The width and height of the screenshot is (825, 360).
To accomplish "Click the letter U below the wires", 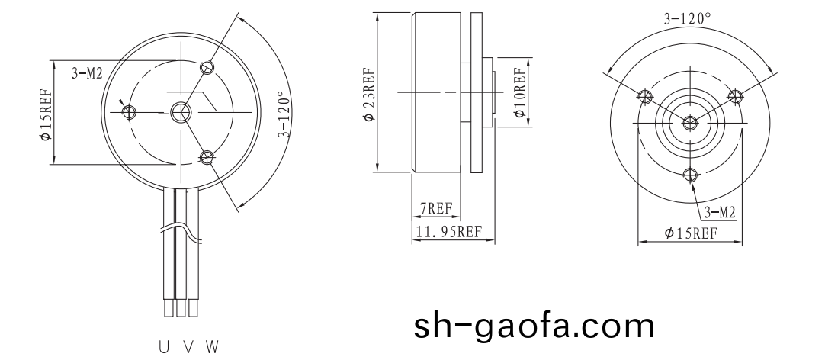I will pyautogui.click(x=164, y=347).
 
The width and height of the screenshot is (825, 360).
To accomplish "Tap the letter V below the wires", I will pyautogui.click(x=188, y=347).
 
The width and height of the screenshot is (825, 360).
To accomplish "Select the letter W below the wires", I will pyautogui.click(x=212, y=347).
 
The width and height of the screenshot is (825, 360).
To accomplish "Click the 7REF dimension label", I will pyautogui.click(x=435, y=208).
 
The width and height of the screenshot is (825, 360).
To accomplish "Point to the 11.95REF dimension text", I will pyautogui.click(x=448, y=232).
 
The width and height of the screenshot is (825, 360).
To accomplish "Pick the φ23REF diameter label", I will pyautogui.click(x=368, y=95).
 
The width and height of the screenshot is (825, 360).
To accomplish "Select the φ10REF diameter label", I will pyautogui.click(x=520, y=93).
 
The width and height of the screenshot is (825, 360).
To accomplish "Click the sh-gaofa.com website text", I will pyautogui.click(x=534, y=326).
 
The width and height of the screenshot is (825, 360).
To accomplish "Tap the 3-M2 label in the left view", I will pyautogui.click(x=87, y=73).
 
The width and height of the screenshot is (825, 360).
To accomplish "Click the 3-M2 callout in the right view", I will pyautogui.click(x=718, y=211).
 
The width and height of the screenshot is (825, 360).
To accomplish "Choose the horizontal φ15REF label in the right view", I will pyautogui.click(x=690, y=233).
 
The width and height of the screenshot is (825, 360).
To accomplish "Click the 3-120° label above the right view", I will pyautogui.click(x=687, y=19).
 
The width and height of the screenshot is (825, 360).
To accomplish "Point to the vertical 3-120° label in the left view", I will pyautogui.click(x=284, y=115).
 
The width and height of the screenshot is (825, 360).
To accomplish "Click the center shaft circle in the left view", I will pyautogui.click(x=181, y=112).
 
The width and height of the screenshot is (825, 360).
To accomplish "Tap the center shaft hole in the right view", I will pyautogui.click(x=690, y=122).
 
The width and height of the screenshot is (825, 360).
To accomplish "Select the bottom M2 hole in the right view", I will pyautogui.click(x=690, y=175).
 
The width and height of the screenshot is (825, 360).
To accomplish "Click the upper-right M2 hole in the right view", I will pyautogui.click(x=736, y=96).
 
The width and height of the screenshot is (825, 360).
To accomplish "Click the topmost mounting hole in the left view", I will pyautogui.click(x=207, y=68).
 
